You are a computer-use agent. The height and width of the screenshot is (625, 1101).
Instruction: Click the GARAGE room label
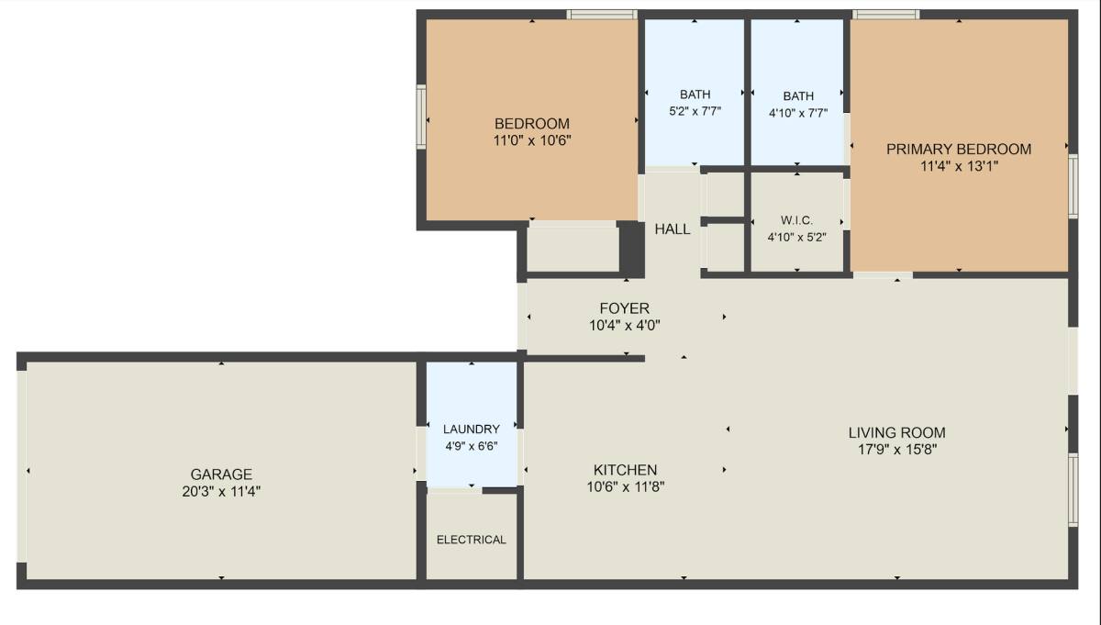(221, 474)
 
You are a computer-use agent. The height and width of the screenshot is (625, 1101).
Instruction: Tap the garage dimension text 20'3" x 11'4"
(221, 491)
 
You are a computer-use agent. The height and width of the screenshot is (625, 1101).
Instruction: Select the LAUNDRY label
(472, 429)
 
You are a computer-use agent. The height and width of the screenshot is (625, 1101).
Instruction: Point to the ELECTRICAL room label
(472, 540)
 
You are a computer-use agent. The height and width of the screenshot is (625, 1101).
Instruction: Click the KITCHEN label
(625, 470)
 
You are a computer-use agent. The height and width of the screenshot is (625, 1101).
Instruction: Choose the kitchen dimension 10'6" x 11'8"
(626, 486)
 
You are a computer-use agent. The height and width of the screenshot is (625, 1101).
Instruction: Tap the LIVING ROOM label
(897, 433)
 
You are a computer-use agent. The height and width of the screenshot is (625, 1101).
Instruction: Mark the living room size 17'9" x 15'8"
(897, 450)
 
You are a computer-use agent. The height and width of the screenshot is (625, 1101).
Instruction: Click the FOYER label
(624, 308)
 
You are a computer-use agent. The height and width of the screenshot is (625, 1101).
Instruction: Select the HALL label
(673, 229)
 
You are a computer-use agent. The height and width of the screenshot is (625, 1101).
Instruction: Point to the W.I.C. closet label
(796, 220)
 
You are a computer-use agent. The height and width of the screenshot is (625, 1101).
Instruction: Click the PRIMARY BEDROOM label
(959, 149)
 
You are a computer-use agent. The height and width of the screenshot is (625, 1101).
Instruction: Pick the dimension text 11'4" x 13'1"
(960, 166)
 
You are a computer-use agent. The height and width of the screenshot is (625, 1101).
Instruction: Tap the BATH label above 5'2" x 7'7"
(695, 94)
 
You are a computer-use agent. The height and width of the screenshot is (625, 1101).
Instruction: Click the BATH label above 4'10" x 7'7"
(798, 95)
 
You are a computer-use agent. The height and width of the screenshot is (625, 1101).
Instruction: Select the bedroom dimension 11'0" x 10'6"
(532, 140)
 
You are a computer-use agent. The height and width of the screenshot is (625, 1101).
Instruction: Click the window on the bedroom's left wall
(421, 117)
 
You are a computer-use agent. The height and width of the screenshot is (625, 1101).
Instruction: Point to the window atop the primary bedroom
(885, 15)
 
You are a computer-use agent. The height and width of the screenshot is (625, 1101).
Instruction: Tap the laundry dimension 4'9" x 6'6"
(472, 446)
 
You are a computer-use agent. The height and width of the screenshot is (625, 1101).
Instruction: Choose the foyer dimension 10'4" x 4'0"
(625, 325)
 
